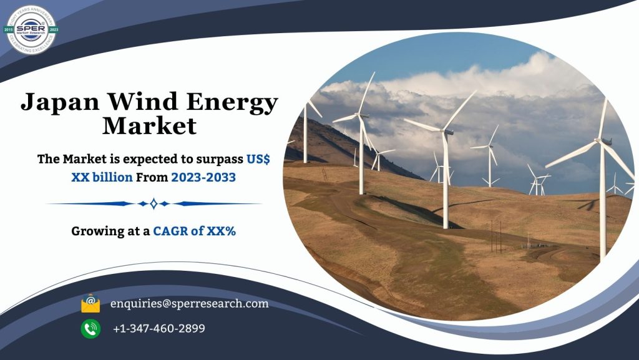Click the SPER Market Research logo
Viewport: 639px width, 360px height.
(x=31, y=29)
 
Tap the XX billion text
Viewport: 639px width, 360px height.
(x=102, y=177)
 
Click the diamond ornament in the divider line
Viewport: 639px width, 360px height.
(x=154, y=203)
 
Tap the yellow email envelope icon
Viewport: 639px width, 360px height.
(x=90, y=304)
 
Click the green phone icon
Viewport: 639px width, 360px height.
(x=90, y=328)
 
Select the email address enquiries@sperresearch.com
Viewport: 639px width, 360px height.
(x=189, y=304)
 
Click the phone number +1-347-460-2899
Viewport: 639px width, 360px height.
(x=159, y=328)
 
